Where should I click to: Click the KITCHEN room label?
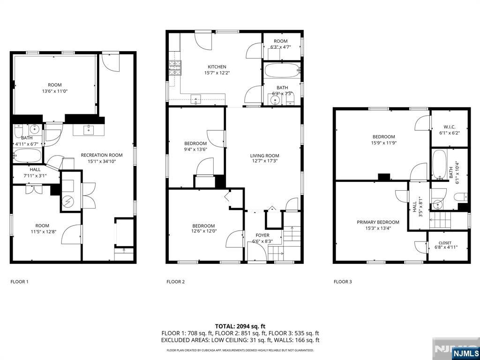[217, 67]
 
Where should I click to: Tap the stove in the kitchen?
[175, 68]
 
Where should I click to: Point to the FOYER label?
[262, 235]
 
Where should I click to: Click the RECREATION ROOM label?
[102, 155]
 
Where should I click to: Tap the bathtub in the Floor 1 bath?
[27, 156]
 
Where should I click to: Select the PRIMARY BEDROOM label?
[378, 222]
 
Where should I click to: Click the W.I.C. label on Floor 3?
[450, 127]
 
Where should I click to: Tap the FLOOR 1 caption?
[19, 282]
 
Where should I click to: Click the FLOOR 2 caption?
[175, 282]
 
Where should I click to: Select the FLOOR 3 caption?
[342, 282]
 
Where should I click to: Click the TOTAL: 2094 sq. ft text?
[240, 326]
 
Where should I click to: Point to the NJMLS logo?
[465, 353]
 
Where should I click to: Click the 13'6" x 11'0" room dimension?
[54, 91]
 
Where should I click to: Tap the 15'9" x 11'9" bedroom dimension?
[383, 143]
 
